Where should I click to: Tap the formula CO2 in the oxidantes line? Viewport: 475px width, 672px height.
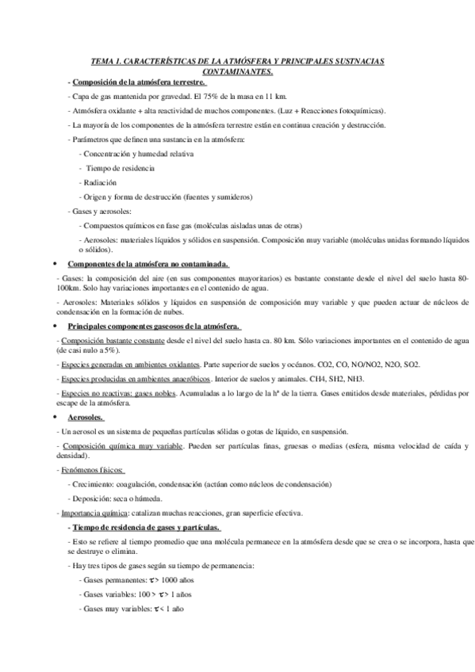[x=297, y=365]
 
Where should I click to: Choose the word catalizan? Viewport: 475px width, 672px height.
[x=151, y=514]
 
